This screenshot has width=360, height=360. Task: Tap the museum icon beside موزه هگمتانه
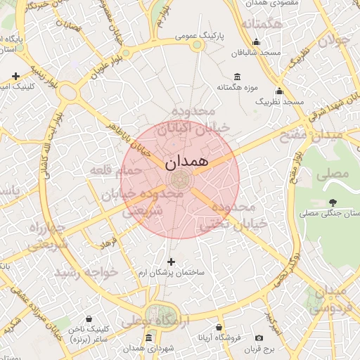[x=236, y=77]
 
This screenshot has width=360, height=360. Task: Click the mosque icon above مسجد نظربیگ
[x=279, y=91]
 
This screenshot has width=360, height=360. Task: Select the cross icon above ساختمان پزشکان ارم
[x=171, y=262]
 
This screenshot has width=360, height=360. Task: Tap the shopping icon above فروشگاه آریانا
[x=219, y=327]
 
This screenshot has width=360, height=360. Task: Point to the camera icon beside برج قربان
[x=259, y=339]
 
